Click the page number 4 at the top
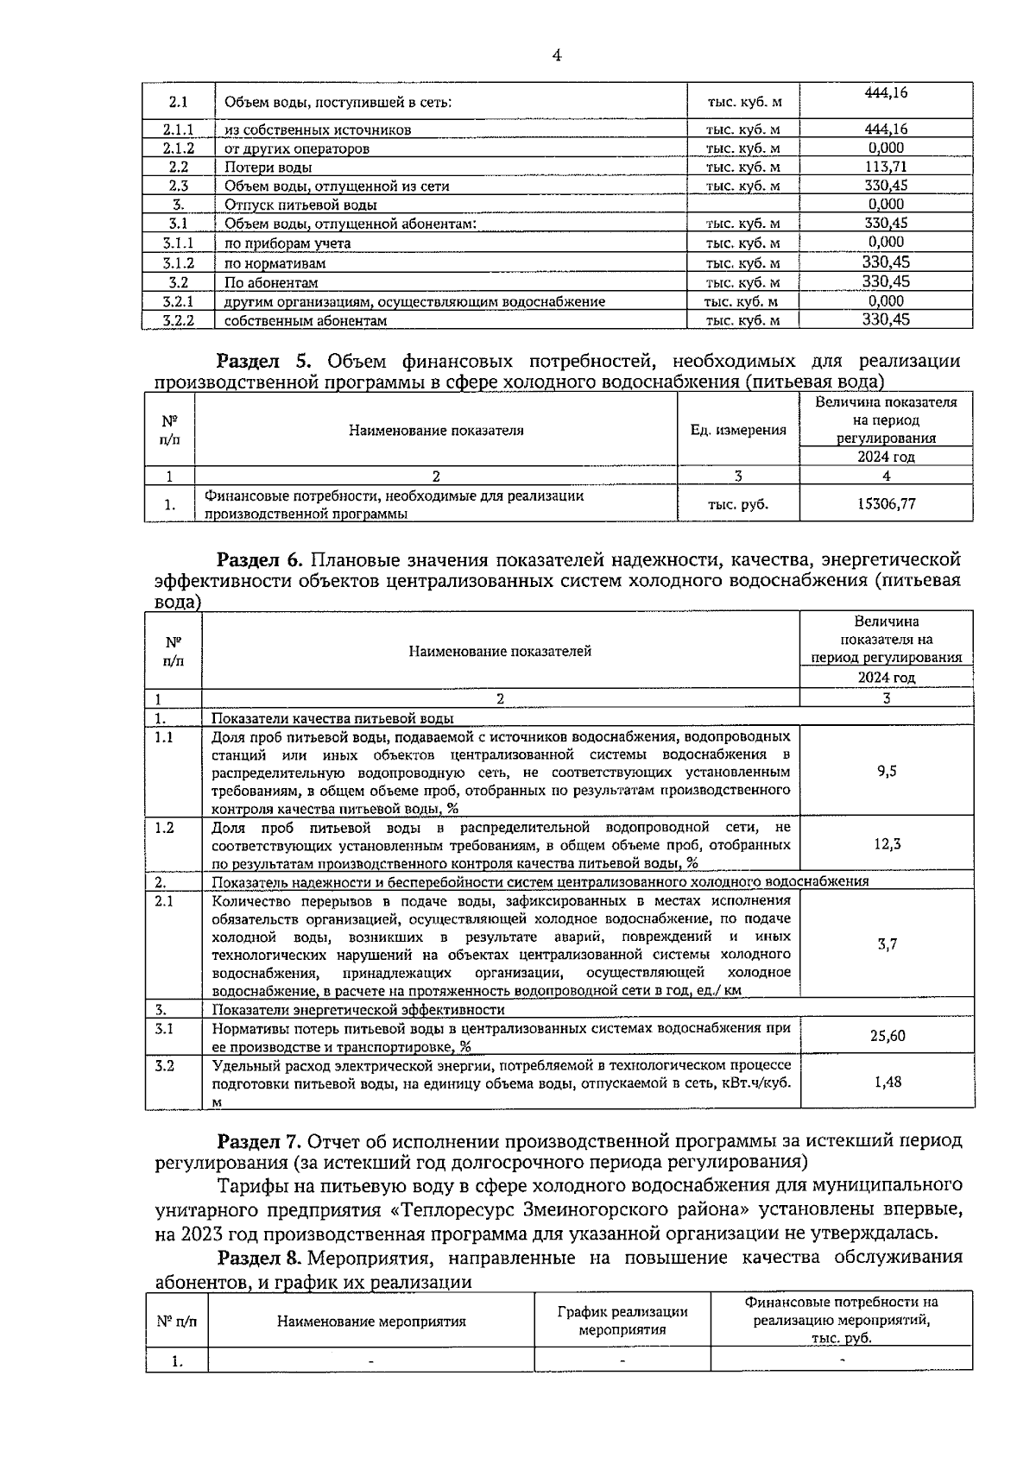tap(556, 55)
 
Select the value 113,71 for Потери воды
tap(886, 167)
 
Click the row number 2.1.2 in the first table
tap(178, 148)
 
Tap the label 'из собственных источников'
tap(318, 130)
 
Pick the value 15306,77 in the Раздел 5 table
tap(886, 504)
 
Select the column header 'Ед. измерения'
tap(738, 430)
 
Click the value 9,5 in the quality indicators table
tap(886, 771)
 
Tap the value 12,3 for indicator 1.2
tap(887, 844)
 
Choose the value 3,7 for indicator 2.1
tap(887, 944)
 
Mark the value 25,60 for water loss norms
tap(887, 1036)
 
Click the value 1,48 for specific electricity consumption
tap(887, 1082)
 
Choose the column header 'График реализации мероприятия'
tap(622, 1321)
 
